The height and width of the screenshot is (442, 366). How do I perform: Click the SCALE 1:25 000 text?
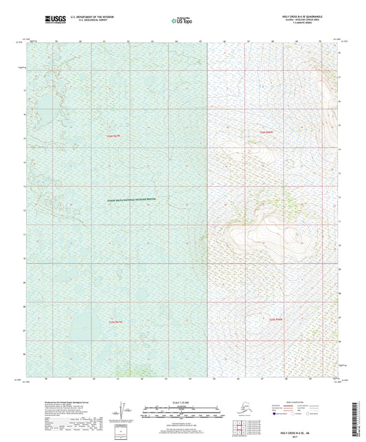click(182, 401)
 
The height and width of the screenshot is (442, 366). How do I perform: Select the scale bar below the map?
click(182, 411)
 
